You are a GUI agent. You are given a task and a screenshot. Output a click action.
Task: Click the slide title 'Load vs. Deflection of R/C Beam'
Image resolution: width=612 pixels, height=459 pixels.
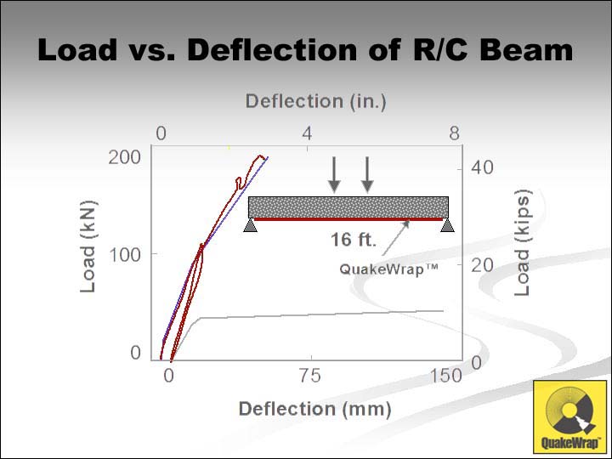click(306, 51)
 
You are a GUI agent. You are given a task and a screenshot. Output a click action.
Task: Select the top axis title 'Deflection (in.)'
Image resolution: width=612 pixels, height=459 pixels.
click(315, 101)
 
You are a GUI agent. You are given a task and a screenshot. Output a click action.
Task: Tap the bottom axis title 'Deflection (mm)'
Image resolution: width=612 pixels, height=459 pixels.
click(314, 409)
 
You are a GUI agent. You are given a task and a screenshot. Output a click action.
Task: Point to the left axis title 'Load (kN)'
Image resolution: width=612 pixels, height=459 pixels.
click(88, 246)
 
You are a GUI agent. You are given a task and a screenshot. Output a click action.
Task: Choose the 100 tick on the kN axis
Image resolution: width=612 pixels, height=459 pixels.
click(125, 254)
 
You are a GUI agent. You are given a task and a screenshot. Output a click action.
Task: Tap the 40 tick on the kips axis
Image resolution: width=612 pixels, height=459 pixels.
click(482, 167)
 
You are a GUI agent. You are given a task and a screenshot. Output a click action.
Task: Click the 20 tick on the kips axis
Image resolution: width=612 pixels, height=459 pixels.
click(482, 265)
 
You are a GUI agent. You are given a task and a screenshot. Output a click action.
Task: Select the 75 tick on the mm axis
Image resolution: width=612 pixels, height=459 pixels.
click(310, 376)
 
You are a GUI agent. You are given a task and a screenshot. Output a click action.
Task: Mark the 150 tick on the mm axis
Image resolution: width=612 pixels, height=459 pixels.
click(445, 376)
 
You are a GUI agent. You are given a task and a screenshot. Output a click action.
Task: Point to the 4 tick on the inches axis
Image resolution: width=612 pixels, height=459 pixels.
click(307, 133)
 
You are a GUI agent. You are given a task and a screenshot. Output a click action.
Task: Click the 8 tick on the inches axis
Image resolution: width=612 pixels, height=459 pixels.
click(455, 133)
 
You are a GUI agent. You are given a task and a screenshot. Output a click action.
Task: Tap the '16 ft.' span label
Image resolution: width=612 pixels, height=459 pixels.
click(354, 240)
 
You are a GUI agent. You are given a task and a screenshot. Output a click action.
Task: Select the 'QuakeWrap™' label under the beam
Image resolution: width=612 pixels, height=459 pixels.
click(389, 269)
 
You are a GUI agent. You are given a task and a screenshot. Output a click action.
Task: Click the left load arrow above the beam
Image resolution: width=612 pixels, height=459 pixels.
click(335, 174)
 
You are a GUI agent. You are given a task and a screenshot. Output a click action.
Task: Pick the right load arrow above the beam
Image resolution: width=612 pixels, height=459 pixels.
click(367, 174)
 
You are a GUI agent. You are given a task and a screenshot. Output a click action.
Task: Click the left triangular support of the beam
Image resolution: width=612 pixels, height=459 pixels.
click(250, 225)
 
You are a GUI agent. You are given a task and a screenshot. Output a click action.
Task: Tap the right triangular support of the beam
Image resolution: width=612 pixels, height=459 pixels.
click(447, 225)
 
